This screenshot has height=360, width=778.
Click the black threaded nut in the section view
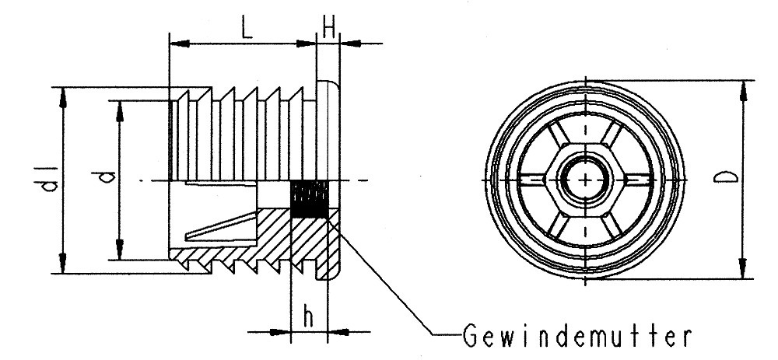point(308,200)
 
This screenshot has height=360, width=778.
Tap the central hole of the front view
point(583,180)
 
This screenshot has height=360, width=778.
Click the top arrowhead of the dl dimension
point(64,94)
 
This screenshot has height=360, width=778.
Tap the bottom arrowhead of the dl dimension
point(64,267)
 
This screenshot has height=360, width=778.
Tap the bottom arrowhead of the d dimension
point(119,253)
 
